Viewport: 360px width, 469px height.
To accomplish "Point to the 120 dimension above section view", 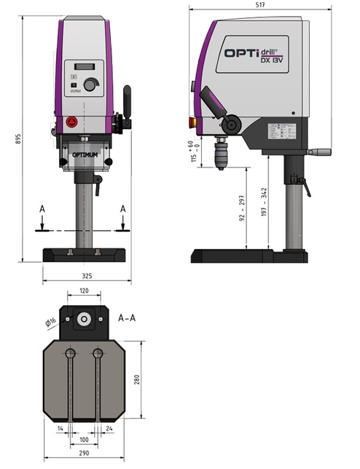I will (85, 290).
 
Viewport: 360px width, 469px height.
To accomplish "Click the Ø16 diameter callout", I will (50, 321).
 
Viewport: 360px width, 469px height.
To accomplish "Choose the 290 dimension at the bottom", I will (85, 454).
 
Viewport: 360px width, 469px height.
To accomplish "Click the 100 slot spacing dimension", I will (85, 441).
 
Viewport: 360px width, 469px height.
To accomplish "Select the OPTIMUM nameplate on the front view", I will (86, 155).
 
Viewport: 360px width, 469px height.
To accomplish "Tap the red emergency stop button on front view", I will (71, 122).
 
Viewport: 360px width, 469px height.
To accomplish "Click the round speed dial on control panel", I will (90, 85).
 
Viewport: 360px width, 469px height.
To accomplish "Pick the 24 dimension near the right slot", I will (109, 430).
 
